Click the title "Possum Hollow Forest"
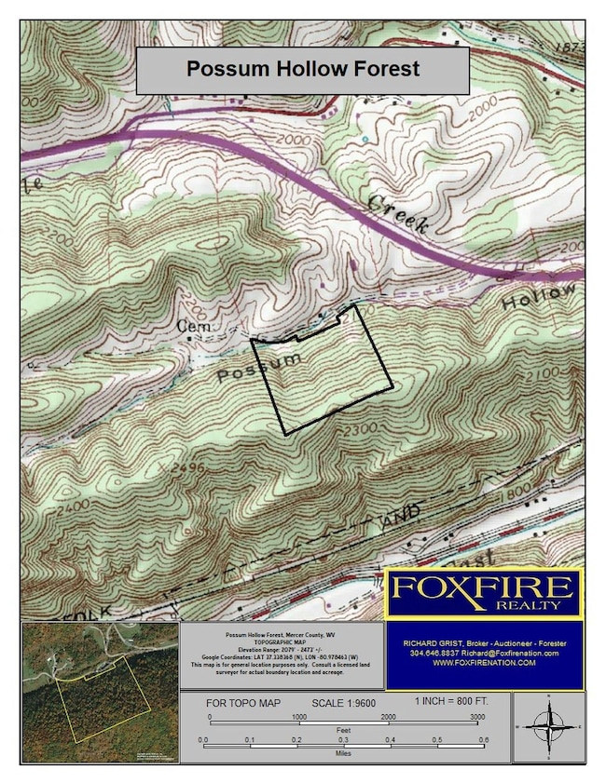click(303, 69)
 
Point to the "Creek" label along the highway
click(397, 214)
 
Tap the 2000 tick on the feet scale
click(388, 718)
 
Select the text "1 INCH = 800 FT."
click(451, 699)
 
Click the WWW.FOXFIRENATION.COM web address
click(484, 663)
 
